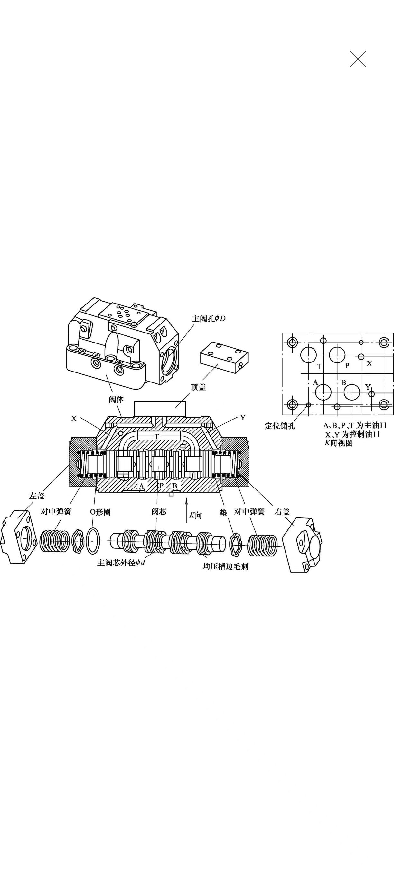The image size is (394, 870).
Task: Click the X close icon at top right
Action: [x=358, y=59]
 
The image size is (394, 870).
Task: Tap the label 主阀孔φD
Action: [x=209, y=318]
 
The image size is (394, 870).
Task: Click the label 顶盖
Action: [x=198, y=387]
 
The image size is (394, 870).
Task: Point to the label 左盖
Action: [x=36, y=496]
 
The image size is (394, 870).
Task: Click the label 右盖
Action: [x=282, y=512]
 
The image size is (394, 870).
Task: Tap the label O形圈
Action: [x=100, y=512]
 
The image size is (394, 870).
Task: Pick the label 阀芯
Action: [x=159, y=512]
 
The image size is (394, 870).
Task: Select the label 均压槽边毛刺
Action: [x=225, y=566]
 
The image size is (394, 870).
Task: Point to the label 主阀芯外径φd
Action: [x=121, y=563]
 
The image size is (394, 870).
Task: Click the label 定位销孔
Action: [x=280, y=426]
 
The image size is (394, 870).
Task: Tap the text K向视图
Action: [x=338, y=443]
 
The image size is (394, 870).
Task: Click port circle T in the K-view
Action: [x=308, y=355]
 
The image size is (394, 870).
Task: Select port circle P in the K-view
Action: [x=337, y=355]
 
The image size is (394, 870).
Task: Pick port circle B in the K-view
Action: [x=352, y=392]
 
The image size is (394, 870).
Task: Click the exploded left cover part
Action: [x=19, y=537]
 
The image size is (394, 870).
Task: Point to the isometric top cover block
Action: [x=224, y=357]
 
